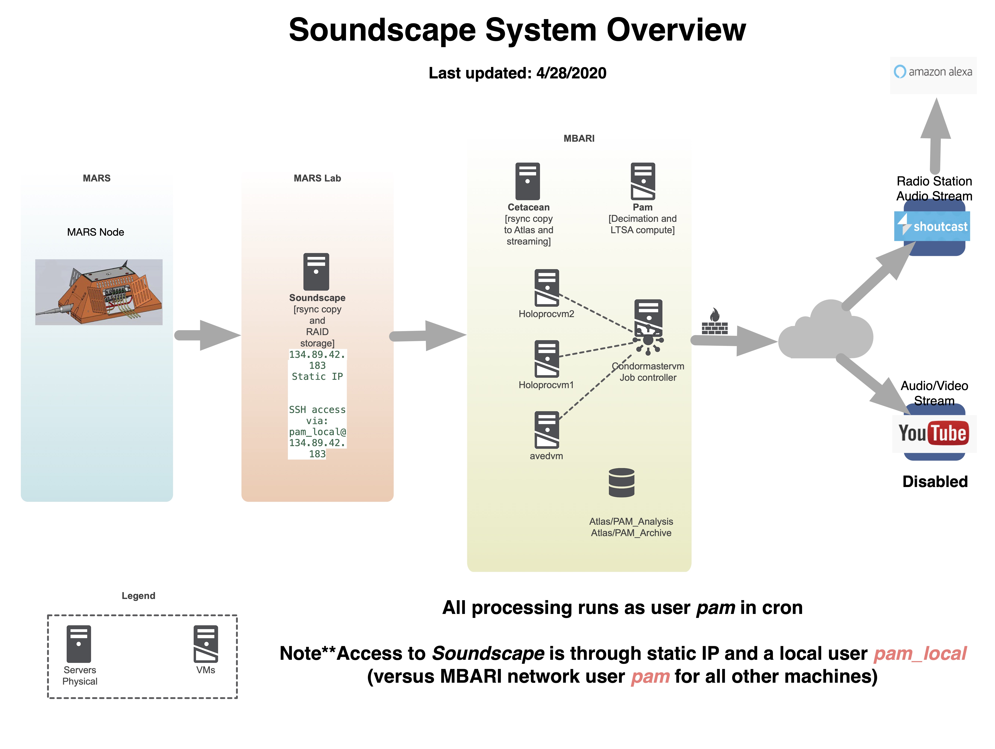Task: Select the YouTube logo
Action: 933,433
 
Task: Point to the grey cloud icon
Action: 825,333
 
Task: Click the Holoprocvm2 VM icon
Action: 547,288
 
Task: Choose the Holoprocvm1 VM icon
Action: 547,359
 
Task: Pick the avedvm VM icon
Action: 547,430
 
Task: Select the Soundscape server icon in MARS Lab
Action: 316,272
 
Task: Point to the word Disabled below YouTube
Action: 935,482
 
